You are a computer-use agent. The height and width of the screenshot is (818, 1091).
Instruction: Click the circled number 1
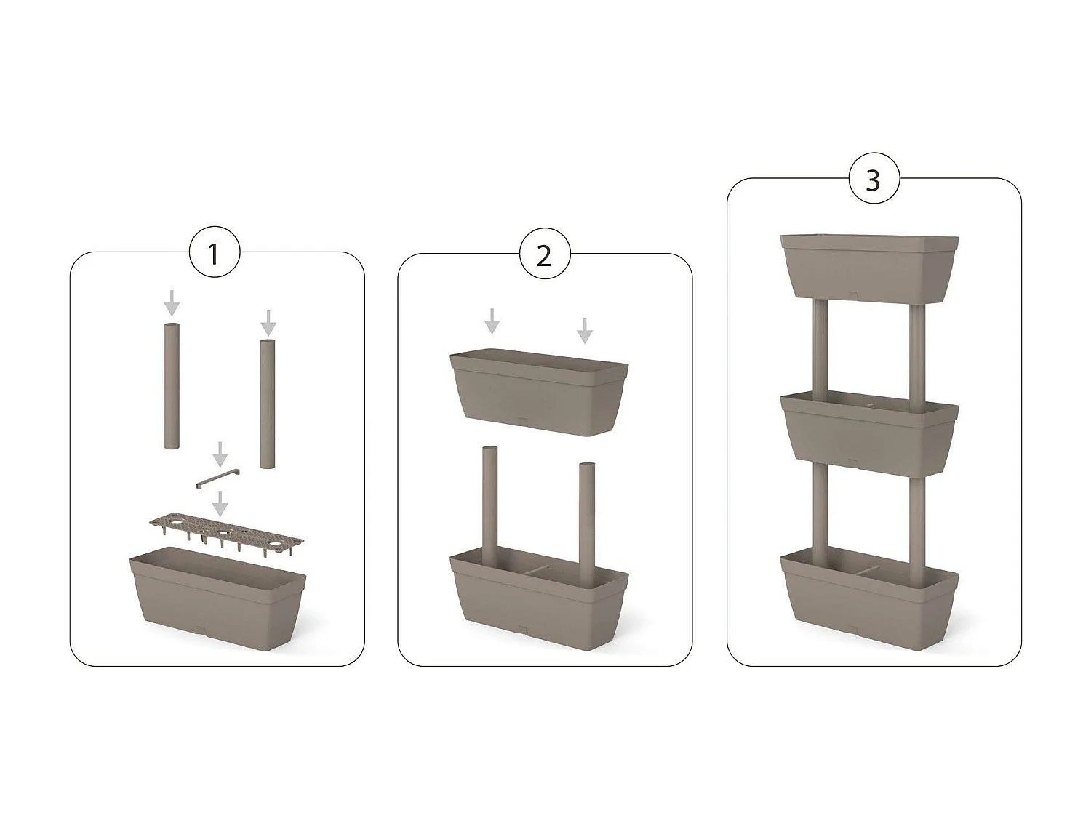tap(214, 254)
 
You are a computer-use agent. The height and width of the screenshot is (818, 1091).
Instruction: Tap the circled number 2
tap(544, 255)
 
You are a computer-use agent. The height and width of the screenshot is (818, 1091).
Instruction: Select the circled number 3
tap(874, 179)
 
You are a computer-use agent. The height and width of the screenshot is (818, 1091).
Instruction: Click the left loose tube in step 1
tap(171, 385)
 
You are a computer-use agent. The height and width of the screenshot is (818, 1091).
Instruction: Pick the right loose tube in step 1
tap(268, 404)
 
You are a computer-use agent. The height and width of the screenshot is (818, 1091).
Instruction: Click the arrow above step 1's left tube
tap(171, 302)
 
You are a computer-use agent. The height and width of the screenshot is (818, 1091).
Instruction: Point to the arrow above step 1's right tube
tap(268, 322)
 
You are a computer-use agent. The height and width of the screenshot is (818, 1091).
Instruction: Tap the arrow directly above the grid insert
tap(220, 502)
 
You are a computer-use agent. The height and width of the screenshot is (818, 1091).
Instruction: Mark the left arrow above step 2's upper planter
tap(492, 321)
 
